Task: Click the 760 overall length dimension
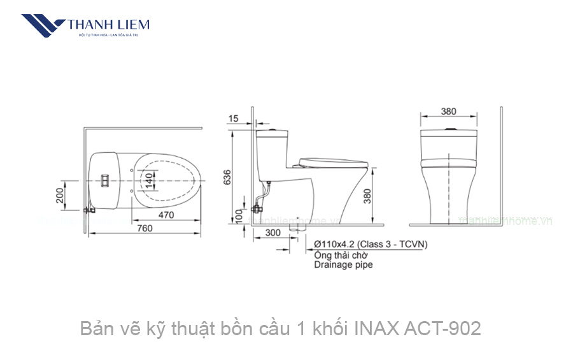coord(145,229)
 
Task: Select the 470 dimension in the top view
coord(166,215)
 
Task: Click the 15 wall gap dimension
coord(233,119)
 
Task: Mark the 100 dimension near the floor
coord(238,217)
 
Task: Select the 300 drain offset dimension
coord(272,233)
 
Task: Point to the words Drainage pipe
coord(343,264)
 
